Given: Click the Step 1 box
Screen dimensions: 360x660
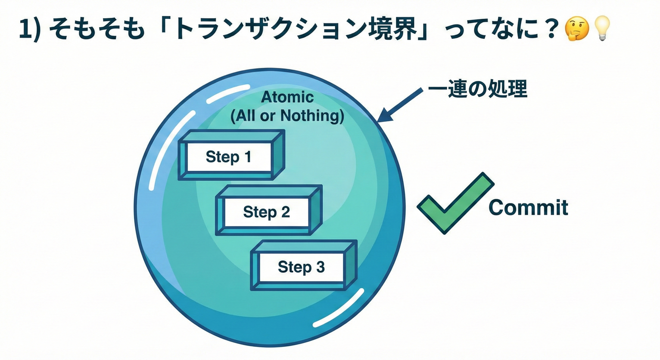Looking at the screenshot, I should pyautogui.click(x=229, y=157).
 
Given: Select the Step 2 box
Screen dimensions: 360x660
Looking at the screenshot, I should pyautogui.click(x=266, y=212).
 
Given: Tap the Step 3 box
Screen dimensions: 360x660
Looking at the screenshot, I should pyautogui.click(x=301, y=267).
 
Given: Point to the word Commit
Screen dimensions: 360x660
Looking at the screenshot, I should pyautogui.click(x=528, y=208).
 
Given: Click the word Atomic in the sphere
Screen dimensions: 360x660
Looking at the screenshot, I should pyautogui.click(x=287, y=97).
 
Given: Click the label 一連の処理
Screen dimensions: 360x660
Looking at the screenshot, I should pyautogui.click(x=477, y=89).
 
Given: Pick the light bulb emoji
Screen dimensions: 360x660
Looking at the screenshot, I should pyautogui.click(x=602, y=29).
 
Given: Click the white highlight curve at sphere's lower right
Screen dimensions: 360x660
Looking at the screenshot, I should pyautogui.click(x=338, y=308).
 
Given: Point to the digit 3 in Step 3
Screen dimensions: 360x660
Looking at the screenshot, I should pyautogui.click(x=320, y=267).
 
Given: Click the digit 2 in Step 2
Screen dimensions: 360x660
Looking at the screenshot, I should pyautogui.click(x=285, y=212).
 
